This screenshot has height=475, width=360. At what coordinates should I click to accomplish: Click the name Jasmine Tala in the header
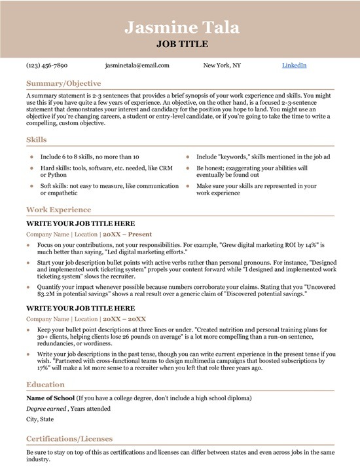click(182, 28)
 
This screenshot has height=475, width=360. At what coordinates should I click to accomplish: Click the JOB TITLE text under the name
click(182, 45)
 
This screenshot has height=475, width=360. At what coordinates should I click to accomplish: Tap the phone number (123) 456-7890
click(46, 66)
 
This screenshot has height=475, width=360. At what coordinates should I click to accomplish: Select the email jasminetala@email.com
click(137, 66)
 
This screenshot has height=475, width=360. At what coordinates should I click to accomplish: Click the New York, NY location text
click(222, 66)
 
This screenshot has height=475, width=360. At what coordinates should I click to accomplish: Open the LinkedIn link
click(294, 66)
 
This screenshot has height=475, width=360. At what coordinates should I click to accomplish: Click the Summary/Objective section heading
click(63, 84)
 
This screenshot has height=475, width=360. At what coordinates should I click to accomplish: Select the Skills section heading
click(37, 140)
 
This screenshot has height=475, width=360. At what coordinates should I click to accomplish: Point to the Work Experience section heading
click(59, 210)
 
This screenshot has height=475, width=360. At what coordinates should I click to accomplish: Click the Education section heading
click(45, 385)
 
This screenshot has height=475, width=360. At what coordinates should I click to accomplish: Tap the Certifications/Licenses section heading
click(69, 438)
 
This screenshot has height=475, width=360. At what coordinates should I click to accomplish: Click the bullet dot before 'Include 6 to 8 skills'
click(31, 157)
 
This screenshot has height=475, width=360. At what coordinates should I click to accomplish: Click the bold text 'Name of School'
click(50, 398)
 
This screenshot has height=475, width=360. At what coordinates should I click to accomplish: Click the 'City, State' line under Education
click(41, 419)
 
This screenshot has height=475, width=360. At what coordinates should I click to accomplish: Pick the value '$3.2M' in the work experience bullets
click(36, 294)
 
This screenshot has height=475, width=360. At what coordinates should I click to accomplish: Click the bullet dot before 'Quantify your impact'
click(28, 286)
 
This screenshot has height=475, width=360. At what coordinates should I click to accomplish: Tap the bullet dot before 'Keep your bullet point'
click(28, 329)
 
